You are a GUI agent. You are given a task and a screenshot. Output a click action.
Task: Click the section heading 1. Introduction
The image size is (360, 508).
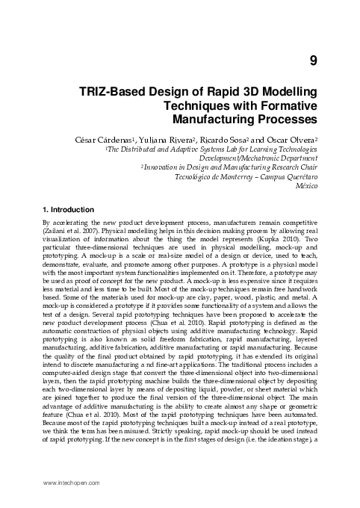(69, 210)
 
